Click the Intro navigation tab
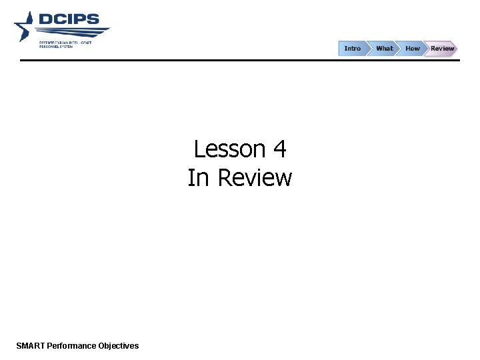pyautogui.click(x=352, y=49)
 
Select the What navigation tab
pyautogui.click(x=384, y=49)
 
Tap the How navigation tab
pyautogui.click(x=413, y=49)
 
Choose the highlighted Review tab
pyautogui.click(x=441, y=49)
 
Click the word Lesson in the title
pyautogui.click(x=227, y=149)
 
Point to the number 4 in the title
pyautogui.click(x=279, y=149)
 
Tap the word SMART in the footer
pyautogui.click(x=30, y=345)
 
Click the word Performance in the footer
pyautogui.click(x=71, y=345)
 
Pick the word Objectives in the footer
pyautogui.click(x=119, y=345)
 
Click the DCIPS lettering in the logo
pyautogui.click(x=69, y=19)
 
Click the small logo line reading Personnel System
pyautogui.click(x=57, y=45)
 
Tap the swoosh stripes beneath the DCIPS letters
pyautogui.click(x=73, y=31)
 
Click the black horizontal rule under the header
pyautogui.click(x=240, y=60)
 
